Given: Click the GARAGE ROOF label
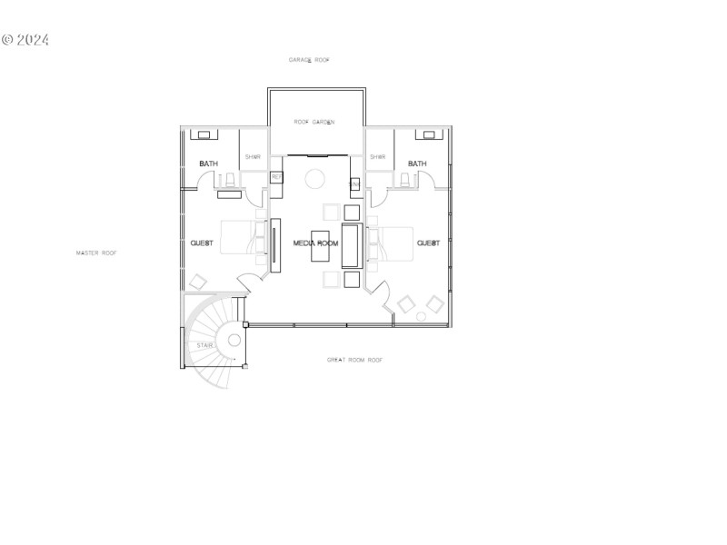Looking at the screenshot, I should [x=309, y=60].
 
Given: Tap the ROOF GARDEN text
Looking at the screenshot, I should [x=314, y=122].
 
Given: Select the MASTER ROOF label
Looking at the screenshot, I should [x=96, y=253].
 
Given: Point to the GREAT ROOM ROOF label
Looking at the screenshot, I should [x=354, y=361].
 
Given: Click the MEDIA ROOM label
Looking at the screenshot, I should [x=315, y=243].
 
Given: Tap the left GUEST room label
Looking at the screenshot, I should [x=202, y=243].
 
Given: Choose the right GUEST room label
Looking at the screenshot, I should [x=428, y=243].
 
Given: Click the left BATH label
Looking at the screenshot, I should [x=208, y=164].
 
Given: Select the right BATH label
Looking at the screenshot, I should [x=417, y=164].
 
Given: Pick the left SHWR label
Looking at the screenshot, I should [x=253, y=157].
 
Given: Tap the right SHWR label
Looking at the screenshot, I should [x=378, y=157].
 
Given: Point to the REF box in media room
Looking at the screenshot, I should [x=276, y=176].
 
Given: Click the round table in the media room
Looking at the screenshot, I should [x=314, y=178].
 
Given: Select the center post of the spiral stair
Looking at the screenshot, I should [x=234, y=341].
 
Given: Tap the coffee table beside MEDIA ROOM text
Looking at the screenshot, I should [x=321, y=246].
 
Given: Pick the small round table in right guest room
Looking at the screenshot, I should [x=422, y=316].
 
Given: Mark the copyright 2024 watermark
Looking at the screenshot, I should [x=25, y=40].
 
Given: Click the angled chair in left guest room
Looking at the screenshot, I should [x=197, y=282].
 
